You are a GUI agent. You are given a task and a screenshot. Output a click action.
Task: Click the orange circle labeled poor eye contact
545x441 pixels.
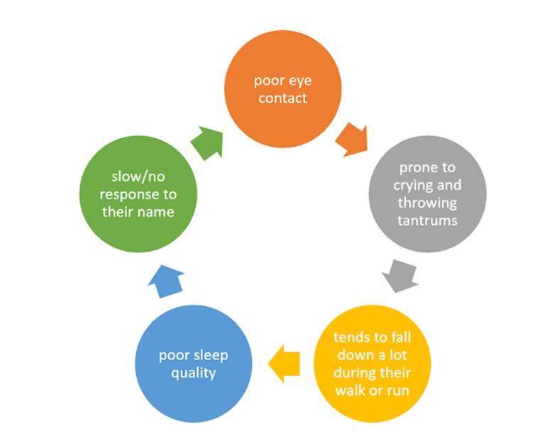(x=282, y=89)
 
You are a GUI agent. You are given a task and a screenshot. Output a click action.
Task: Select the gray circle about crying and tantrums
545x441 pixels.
(x=427, y=194)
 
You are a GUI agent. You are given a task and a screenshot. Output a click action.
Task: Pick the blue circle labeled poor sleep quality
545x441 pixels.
(x=194, y=364)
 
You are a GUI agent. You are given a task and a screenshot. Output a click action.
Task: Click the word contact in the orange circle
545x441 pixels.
(x=282, y=98)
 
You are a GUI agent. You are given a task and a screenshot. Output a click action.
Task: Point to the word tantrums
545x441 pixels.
(x=427, y=220)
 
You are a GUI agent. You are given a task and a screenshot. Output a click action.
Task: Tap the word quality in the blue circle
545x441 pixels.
(x=194, y=372)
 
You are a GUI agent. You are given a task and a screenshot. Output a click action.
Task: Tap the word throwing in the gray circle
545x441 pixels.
(x=427, y=203)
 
